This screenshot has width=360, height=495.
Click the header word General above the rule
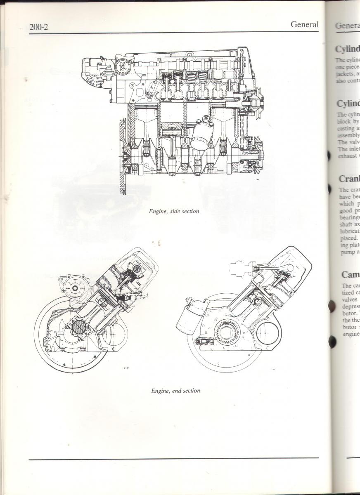tap(304, 24)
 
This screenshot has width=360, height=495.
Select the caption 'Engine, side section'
tap(174, 211)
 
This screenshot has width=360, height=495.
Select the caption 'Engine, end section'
tap(175, 390)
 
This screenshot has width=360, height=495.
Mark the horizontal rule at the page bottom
tap(173, 458)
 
